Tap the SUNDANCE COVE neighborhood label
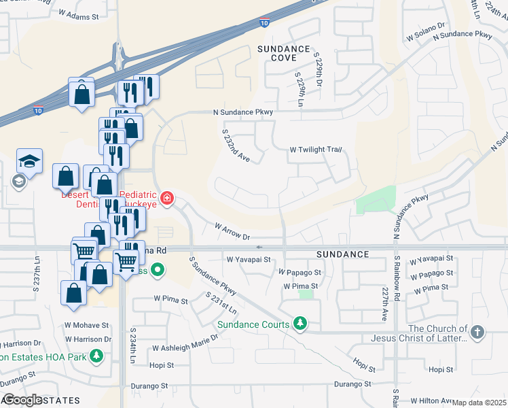click(284, 54)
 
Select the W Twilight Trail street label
click(314, 150)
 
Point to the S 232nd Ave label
click(236, 146)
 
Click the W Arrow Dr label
click(232, 231)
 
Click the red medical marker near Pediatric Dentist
click(166, 199)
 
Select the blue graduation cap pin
click(29, 161)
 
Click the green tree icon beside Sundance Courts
click(299, 323)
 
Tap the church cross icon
click(477, 333)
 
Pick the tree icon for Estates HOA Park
click(97, 355)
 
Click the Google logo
click(22, 400)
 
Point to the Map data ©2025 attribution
click(479, 403)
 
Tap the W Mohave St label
click(86, 325)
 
